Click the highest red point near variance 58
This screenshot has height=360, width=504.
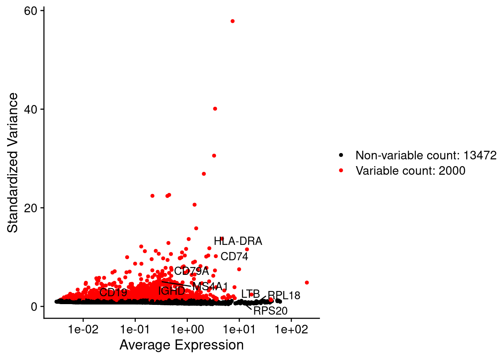click(x=232, y=21)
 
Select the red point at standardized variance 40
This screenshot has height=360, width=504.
click(x=215, y=109)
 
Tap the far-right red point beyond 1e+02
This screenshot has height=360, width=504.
click(x=307, y=282)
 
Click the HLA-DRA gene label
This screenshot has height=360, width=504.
click(x=238, y=241)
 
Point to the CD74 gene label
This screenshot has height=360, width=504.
click(x=234, y=256)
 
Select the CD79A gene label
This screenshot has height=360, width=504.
click(x=191, y=271)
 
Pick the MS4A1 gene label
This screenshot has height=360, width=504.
click(x=210, y=287)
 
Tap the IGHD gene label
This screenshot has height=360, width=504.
click(x=172, y=291)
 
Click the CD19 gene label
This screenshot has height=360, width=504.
click(x=113, y=292)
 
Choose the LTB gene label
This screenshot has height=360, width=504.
click(x=250, y=294)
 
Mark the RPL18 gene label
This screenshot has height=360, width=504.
click(x=284, y=295)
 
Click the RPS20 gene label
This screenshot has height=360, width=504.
click(x=270, y=311)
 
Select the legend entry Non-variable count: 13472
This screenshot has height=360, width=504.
click(x=426, y=155)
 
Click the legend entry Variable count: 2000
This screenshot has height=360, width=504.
click(x=410, y=171)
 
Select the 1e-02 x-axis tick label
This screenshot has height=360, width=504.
click(x=83, y=330)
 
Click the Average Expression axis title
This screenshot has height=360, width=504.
click(x=181, y=345)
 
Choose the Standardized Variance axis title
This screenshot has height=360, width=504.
click(x=13, y=163)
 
